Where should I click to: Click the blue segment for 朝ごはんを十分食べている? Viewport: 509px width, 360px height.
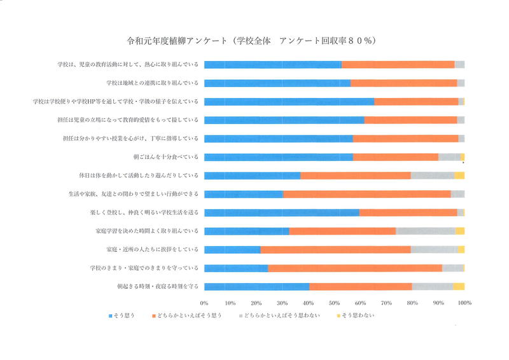pyautogui.click(x=279, y=157)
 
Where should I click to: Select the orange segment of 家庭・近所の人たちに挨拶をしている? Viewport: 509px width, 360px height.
pyautogui.click(x=335, y=249)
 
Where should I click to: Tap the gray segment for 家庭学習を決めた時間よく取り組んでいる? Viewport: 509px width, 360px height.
pyautogui.click(x=426, y=231)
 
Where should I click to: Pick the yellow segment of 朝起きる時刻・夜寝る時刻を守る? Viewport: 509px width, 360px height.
pyautogui.click(x=459, y=286)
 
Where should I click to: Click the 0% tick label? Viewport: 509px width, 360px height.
pyautogui.click(x=204, y=303)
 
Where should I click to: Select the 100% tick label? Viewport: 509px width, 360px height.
pyautogui.click(x=464, y=303)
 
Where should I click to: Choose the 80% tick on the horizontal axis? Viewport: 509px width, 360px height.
pyautogui.click(x=412, y=303)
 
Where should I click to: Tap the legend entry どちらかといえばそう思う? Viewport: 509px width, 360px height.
pyautogui.click(x=189, y=315)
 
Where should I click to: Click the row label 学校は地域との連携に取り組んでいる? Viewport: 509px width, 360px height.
pyautogui.click(x=153, y=83)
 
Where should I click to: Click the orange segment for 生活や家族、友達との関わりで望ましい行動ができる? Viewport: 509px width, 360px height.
pyautogui.click(x=366, y=194)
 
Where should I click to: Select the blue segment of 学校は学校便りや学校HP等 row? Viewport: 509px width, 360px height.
pyautogui.click(x=289, y=102)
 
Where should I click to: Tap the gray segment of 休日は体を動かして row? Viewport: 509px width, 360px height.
pyautogui.click(x=432, y=176)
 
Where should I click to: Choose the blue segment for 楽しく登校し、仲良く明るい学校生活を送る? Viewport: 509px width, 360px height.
pyautogui.click(x=281, y=212)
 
